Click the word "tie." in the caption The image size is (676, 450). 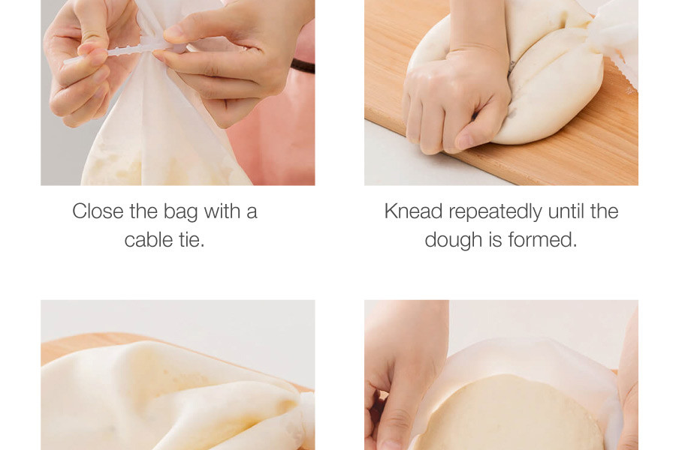192,240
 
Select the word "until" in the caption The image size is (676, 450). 566,211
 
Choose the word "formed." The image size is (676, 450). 542,240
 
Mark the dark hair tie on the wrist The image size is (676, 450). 303,66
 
